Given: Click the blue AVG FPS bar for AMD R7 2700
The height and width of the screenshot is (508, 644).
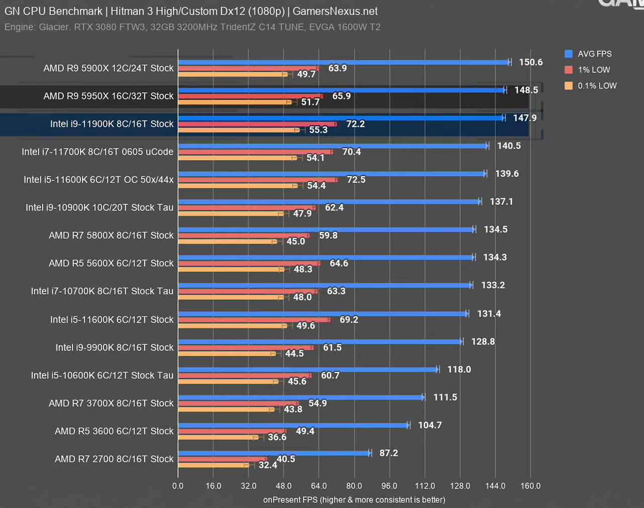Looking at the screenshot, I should (x=274, y=453).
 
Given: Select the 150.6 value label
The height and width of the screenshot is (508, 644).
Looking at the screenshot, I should (x=530, y=62).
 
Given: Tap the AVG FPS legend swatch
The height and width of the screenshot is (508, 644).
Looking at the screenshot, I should (x=569, y=54).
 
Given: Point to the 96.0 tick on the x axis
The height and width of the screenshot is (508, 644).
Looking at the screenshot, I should (x=389, y=486).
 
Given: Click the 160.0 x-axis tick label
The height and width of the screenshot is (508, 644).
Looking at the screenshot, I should (x=530, y=486).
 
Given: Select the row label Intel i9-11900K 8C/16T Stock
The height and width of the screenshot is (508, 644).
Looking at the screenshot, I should (x=112, y=124).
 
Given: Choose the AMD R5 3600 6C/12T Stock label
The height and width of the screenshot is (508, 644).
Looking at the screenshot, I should (x=114, y=431).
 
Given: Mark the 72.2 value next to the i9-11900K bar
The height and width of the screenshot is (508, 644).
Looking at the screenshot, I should (x=355, y=124).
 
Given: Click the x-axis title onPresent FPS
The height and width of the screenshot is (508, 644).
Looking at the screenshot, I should (x=354, y=500).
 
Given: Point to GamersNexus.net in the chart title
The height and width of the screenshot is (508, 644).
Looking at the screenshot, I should (x=335, y=11).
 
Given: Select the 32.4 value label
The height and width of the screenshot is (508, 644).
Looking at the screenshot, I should (x=268, y=465).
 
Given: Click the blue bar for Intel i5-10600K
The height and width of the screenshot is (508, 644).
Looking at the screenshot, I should (x=307, y=369).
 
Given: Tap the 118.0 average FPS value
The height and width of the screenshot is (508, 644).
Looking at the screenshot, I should (x=459, y=369).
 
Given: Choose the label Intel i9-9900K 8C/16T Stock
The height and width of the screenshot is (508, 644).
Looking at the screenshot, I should (x=114, y=347).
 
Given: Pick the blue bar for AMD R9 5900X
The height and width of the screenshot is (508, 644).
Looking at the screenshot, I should (x=344, y=62).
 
